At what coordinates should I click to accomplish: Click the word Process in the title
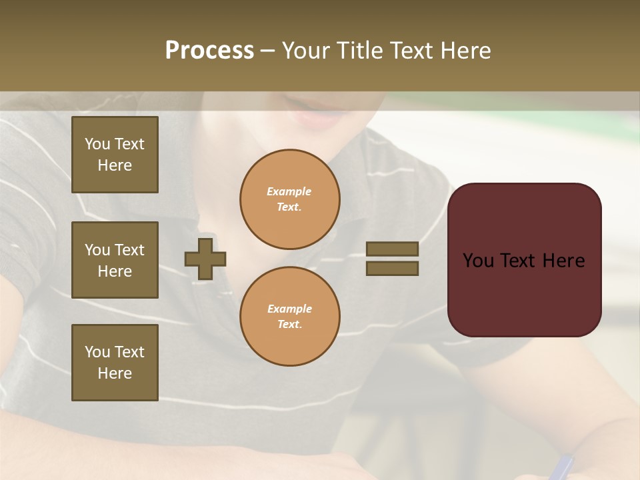pyautogui.click(x=209, y=51)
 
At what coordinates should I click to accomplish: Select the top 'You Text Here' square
pyautogui.click(x=115, y=155)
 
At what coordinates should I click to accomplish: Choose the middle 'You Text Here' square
pyautogui.click(x=115, y=260)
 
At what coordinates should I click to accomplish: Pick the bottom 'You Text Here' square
pyautogui.click(x=115, y=363)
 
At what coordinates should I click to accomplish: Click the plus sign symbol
pyautogui.click(x=205, y=259)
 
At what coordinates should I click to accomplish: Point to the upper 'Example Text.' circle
pyautogui.click(x=289, y=199)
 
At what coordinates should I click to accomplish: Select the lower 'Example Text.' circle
pyautogui.click(x=289, y=317)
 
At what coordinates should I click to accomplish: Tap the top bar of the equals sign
pyautogui.click(x=392, y=249)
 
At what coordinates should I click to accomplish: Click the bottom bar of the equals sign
pyautogui.click(x=392, y=268)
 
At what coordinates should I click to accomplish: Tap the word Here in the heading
pyautogui.click(x=466, y=51)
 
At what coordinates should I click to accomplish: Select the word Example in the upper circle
pyautogui.click(x=289, y=191)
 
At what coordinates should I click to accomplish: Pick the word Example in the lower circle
pyautogui.click(x=289, y=309)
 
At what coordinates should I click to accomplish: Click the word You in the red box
pyautogui.click(x=478, y=261)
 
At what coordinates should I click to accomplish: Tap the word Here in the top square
pyautogui.click(x=115, y=165)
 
